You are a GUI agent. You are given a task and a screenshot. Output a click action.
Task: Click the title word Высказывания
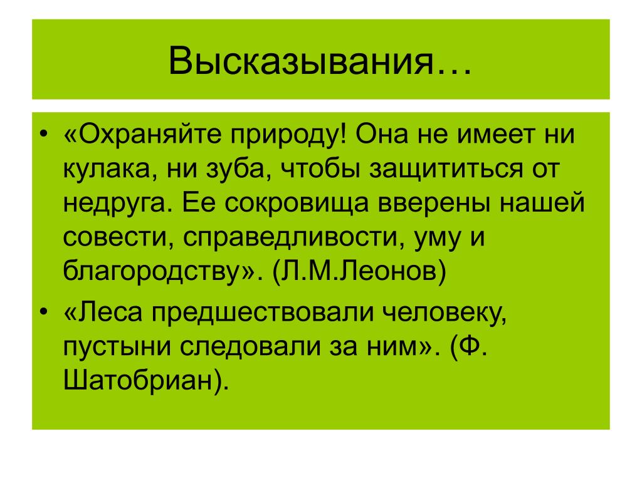click(300, 61)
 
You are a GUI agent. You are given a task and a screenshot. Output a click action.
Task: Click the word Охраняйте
click(149, 134)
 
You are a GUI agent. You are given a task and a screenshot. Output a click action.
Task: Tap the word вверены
click(433, 203)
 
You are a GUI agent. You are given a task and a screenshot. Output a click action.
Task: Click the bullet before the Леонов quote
click(44, 134)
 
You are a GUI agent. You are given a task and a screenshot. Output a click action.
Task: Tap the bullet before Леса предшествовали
click(44, 312)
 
